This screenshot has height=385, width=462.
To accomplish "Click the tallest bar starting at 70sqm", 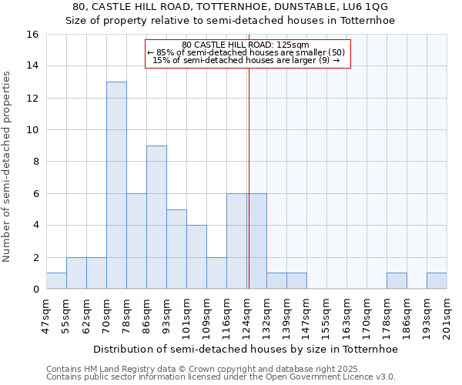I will click(x=116, y=185).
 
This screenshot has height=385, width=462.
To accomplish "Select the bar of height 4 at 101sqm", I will click(x=196, y=257).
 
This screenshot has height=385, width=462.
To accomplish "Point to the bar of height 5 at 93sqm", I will click(x=176, y=249).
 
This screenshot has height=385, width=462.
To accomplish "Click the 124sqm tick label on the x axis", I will click(x=247, y=316).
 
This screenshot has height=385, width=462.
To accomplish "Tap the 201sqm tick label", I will click(x=447, y=316).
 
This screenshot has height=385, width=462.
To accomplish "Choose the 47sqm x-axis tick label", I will click(x=47, y=316).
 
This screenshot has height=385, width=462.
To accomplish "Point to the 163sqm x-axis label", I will click(x=347, y=316).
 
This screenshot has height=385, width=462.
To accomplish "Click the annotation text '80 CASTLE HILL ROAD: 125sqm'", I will click(x=246, y=45).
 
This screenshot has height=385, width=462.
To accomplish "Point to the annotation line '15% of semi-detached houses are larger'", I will click(x=246, y=59).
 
